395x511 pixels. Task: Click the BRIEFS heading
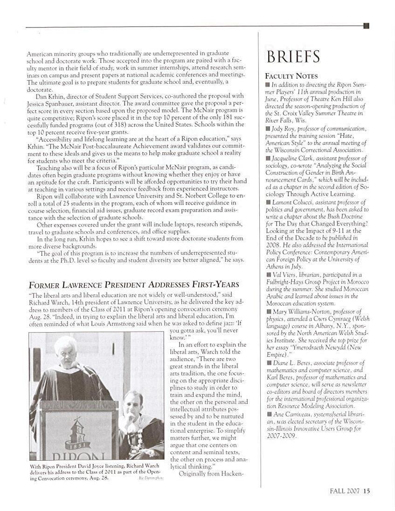tap(293, 56)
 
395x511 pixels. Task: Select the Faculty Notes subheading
tap(291, 76)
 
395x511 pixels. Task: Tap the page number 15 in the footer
tap(367, 490)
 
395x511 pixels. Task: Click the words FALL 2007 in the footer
tap(345, 490)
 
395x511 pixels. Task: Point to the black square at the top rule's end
tap(366, 26)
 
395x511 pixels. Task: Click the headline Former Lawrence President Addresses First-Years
tap(134, 285)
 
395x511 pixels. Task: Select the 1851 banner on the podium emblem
tap(78, 444)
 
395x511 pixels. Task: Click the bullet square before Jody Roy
tap(268, 129)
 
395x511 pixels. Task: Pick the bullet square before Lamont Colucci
tap(268, 202)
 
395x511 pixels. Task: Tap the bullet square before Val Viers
tap(268, 275)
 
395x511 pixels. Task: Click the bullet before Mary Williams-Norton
tap(268, 311)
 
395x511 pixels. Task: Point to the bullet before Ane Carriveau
tap(268, 414)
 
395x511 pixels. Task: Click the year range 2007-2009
tap(280, 436)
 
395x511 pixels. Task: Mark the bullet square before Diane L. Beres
tap(268, 363)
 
